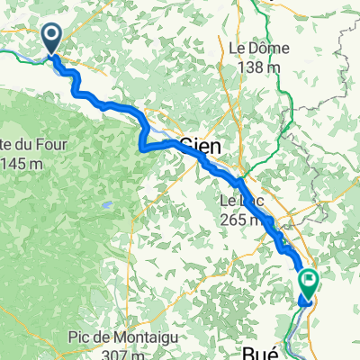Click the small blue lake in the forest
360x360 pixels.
106,206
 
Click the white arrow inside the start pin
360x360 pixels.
51,35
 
